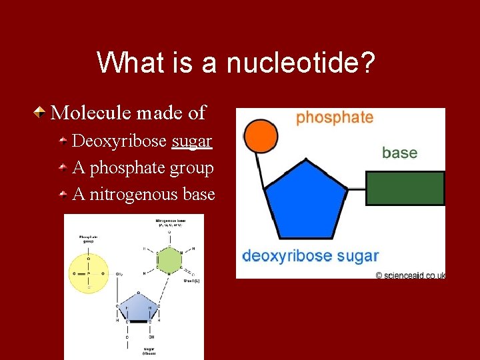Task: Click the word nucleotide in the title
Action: point(301,63)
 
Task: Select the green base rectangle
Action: point(405,188)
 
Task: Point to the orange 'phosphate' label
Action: point(334,118)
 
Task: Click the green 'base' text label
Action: point(399,153)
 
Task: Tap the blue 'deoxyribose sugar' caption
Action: point(310,255)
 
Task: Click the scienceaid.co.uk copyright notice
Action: point(409,275)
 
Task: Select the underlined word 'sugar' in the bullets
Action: point(192,141)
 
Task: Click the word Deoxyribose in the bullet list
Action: point(119,141)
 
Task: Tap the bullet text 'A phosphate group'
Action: point(143,168)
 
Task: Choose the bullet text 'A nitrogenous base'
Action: point(143,195)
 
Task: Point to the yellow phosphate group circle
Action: point(88,272)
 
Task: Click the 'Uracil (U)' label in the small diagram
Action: point(190,280)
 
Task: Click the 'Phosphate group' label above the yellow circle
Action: point(88,239)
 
